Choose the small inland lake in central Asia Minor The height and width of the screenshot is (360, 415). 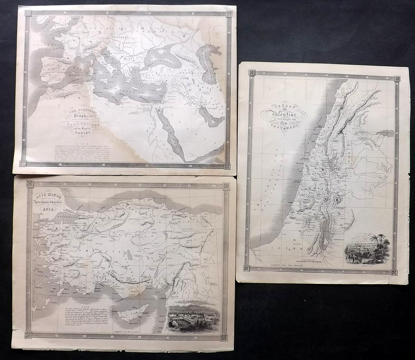130,256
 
